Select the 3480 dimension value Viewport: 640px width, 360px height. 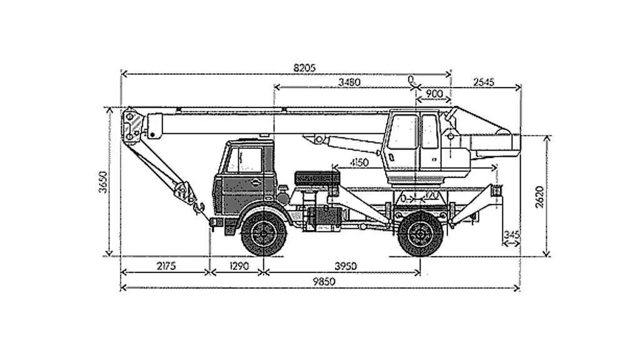click(349, 82)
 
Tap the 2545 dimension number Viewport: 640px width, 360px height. click(484, 82)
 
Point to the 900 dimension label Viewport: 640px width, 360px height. click(434, 94)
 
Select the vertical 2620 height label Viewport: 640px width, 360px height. click(539, 196)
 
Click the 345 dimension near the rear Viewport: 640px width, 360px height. click(511, 234)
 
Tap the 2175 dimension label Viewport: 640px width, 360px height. click(165, 266)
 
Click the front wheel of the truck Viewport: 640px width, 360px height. click(264, 234)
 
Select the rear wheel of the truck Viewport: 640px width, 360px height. click(421, 234)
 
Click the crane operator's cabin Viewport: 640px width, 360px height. click(412, 141)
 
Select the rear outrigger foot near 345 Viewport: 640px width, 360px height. click(497, 191)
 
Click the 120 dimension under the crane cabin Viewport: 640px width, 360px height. click(431, 196)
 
